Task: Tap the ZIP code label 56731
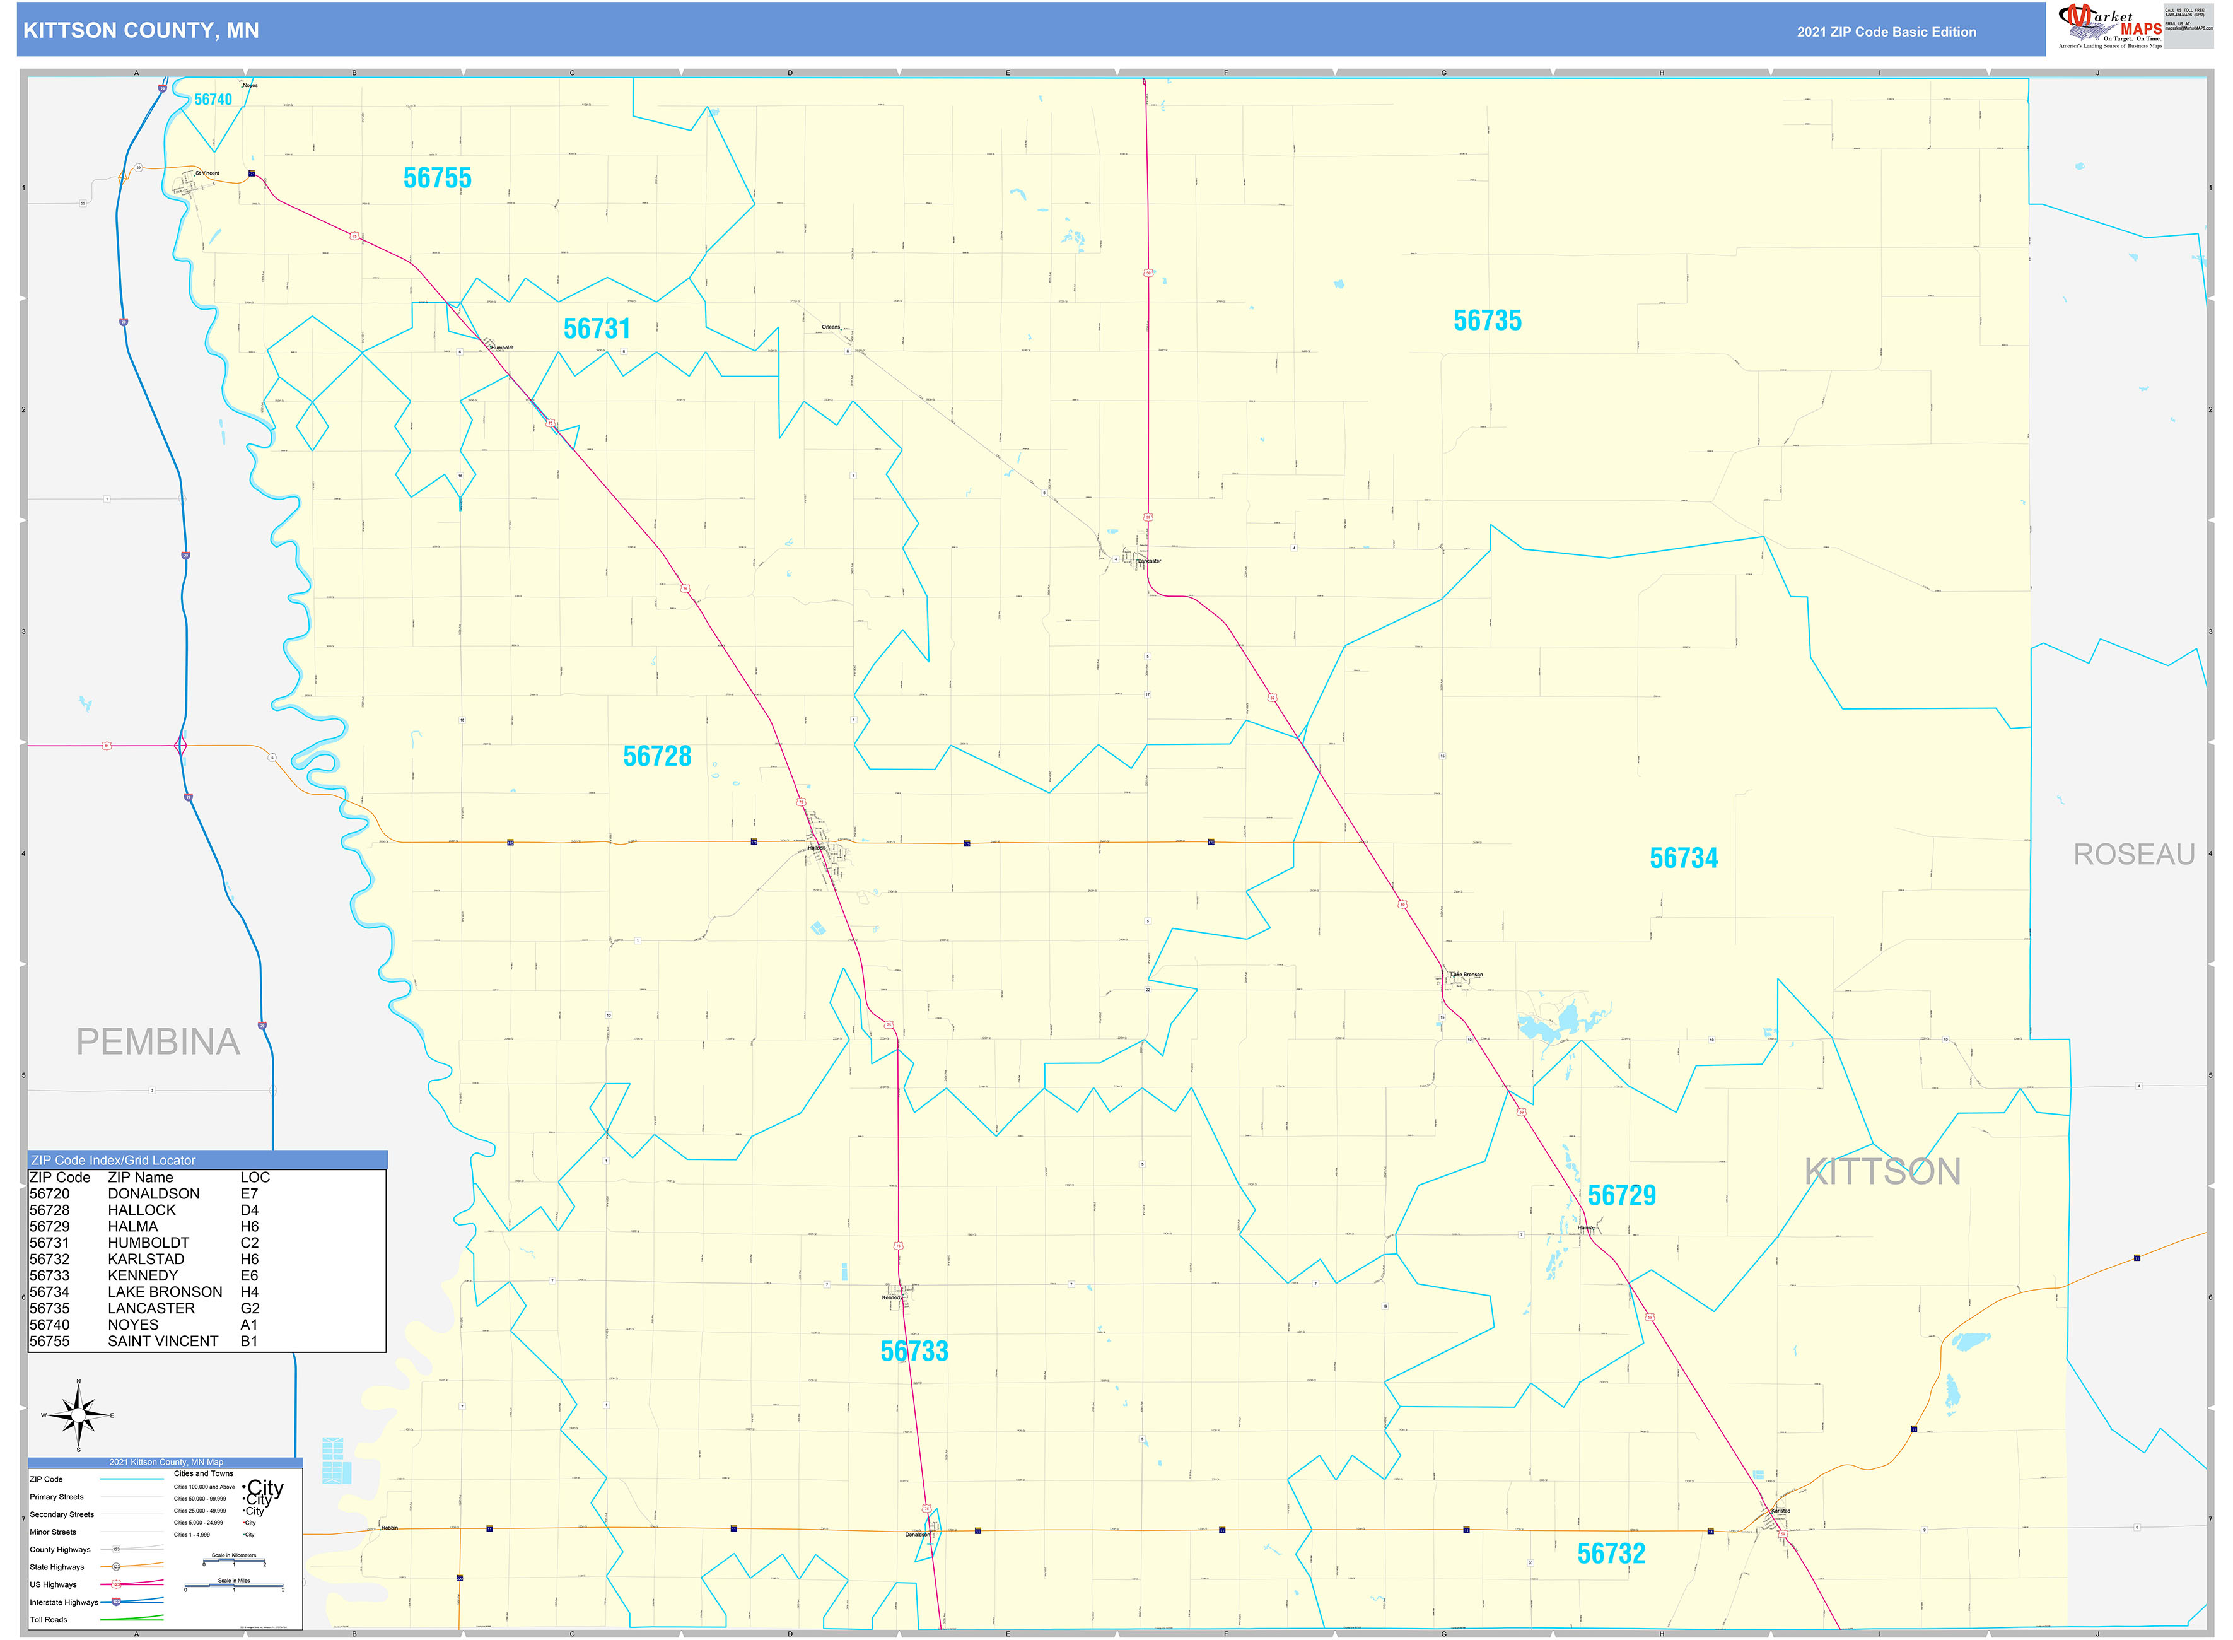(x=597, y=329)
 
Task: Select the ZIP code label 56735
(x=1487, y=320)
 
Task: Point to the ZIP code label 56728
(x=657, y=756)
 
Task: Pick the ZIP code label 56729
(x=1622, y=1195)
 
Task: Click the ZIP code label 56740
(x=213, y=99)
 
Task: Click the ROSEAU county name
(x=2134, y=855)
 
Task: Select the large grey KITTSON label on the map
(x=1882, y=1173)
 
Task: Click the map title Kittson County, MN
(x=141, y=31)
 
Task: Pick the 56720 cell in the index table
(x=50, y=1194)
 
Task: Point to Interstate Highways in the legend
(x=64, y=1602)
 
